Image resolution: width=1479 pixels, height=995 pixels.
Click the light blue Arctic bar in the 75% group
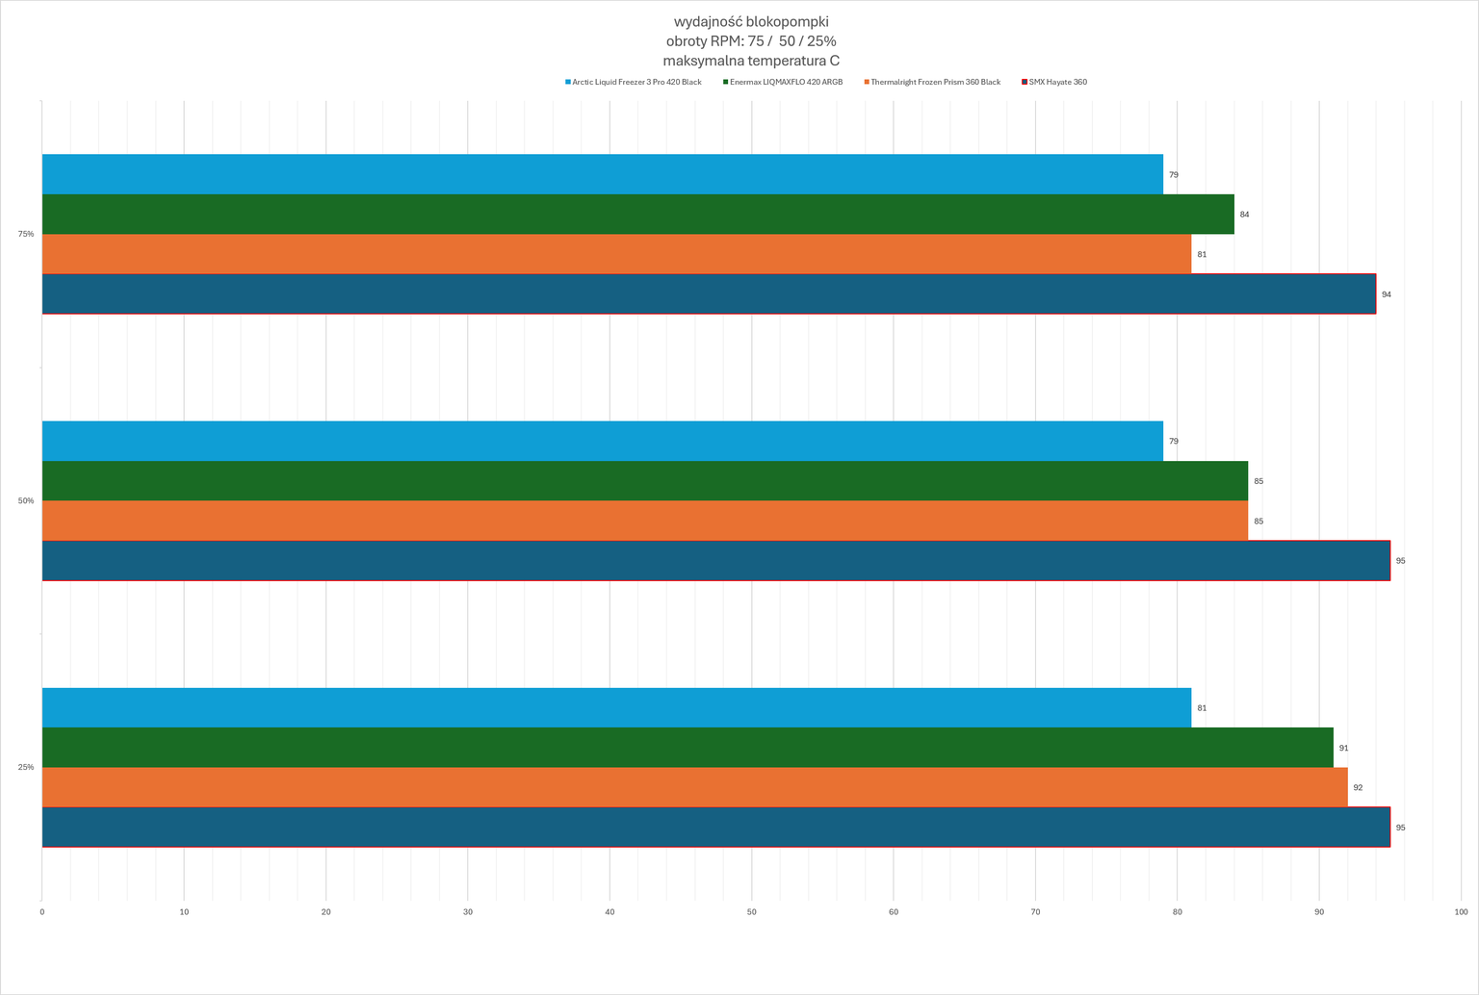click(x=602, y=174)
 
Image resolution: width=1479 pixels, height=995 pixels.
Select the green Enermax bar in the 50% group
click(x=645, y=481)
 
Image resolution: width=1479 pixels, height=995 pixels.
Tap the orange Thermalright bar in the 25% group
click(x=694, y=787)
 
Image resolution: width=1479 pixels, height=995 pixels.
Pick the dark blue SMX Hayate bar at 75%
click(x=709, y=294)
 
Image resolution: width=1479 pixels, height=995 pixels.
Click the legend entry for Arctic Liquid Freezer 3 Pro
click(x=634, y=82)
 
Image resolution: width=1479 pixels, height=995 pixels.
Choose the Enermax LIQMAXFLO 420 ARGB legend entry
click(x=783, y=82)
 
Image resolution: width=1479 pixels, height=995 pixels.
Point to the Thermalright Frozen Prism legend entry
click(x=932, y=82)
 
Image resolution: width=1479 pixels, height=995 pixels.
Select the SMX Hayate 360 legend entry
click(x=1054, y=82)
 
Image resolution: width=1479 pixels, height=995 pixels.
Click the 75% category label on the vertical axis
click(x=26, y=234)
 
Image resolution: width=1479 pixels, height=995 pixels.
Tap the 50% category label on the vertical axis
click(x=26, y=500)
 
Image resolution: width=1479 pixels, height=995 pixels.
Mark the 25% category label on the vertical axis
click(x=26, y=767)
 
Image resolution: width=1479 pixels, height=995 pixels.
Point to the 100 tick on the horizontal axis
click(x=1461, y=912)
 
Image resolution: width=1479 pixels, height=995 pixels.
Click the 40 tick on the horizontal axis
click(x=610, y=912)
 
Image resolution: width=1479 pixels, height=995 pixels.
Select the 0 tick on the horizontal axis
click(x=42, y=912)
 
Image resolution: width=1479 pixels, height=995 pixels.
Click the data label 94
click(x=1387, y=294)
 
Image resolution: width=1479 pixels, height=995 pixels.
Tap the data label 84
click(x=1245, y=215)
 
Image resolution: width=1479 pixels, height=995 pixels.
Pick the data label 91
click(x=1343, y=749)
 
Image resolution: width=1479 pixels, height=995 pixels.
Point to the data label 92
click(x=1359, y=788)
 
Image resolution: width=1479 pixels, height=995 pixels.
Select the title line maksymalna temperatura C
click(x=751, y=62)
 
